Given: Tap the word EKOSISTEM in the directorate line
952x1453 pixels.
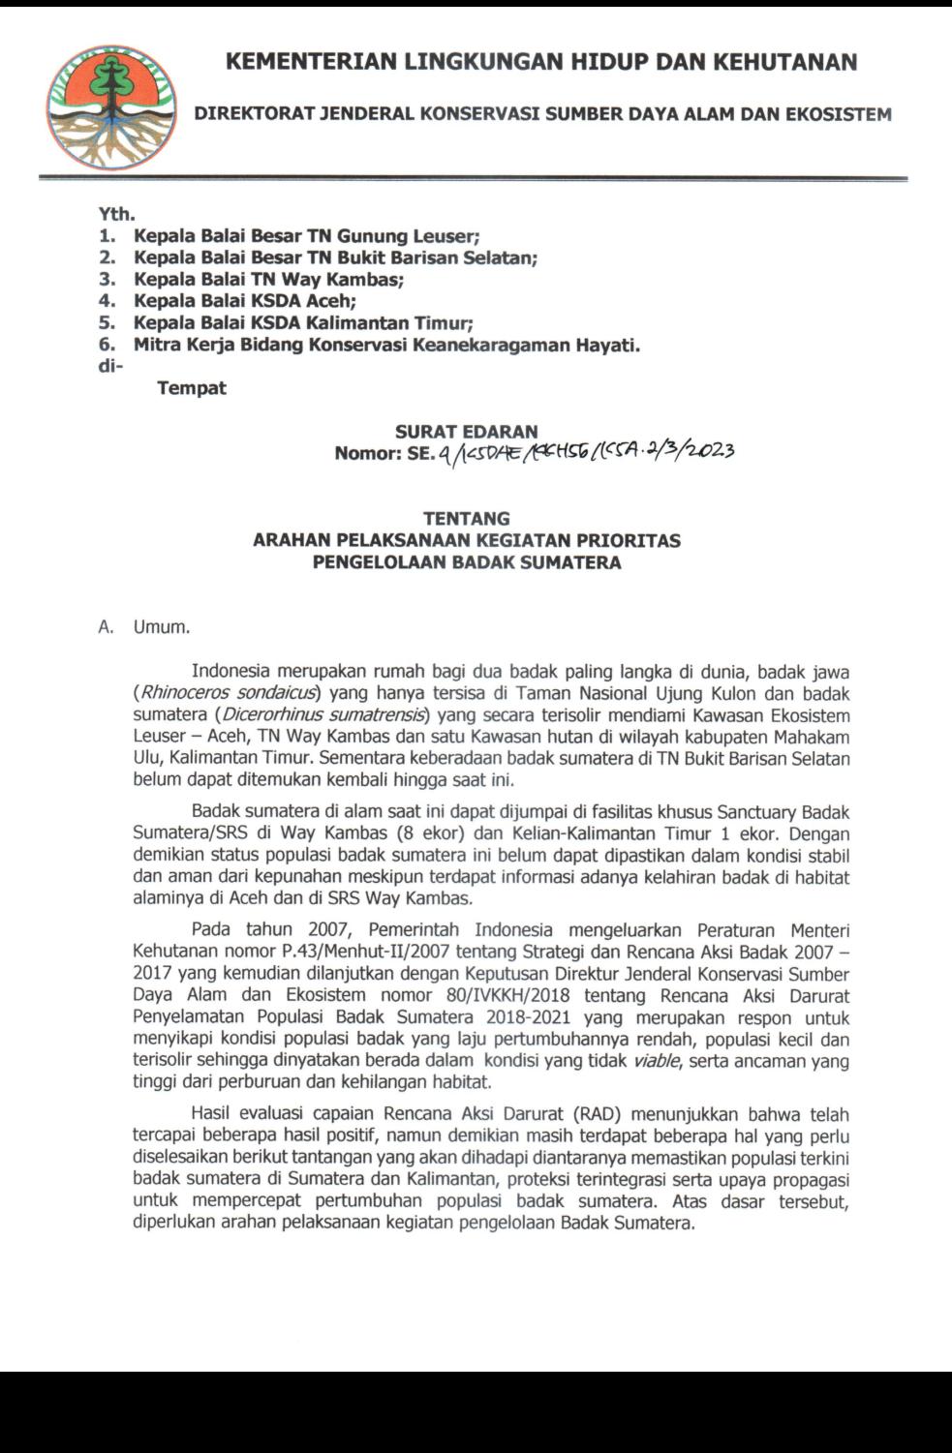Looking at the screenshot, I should coord(844,114).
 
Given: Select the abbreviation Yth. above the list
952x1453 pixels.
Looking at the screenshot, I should coord(116,214).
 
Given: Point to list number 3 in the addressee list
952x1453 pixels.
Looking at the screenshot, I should coord(107,280).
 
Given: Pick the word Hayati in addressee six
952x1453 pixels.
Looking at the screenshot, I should coord(608,346).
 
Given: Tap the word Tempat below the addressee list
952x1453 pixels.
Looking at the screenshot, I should coord(192,388).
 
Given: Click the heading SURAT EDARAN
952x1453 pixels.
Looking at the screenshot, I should coord(466,432).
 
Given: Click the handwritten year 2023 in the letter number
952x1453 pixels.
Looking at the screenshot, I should coord(706,451).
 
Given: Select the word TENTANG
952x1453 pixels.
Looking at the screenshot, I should coord(466,519).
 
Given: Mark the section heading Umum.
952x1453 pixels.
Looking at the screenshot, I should coord(162,627).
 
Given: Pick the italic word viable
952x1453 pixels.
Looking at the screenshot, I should coord(658,1061).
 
